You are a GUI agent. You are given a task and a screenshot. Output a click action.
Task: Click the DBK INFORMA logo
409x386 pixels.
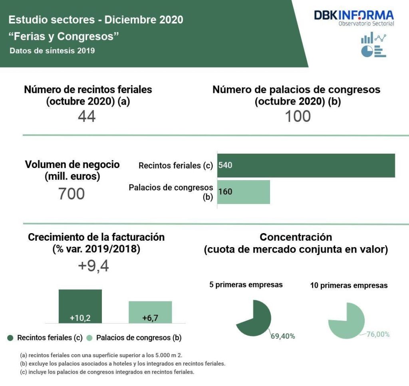click(x=353, y=18)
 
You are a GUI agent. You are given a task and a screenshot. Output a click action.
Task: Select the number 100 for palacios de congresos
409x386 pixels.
click(x=298, y=116)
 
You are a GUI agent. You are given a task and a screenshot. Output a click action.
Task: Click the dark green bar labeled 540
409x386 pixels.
click(x=306, y=165)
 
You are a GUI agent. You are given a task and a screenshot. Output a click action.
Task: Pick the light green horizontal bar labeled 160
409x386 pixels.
click(x=244, y=192)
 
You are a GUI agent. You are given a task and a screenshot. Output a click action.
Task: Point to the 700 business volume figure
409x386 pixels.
click(x=71, y=194)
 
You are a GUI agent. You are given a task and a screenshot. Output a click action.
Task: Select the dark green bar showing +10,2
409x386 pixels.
click(x=80, y=306)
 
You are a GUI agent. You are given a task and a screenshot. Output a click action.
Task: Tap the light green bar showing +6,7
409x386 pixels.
click(x=150, y=312)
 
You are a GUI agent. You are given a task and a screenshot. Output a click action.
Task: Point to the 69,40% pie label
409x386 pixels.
click(x=283, y=336)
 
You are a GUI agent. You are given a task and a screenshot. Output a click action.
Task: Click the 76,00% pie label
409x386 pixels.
click(x=378, y=334)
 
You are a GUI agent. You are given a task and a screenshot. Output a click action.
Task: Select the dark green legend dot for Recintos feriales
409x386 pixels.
click(x=11, y=338)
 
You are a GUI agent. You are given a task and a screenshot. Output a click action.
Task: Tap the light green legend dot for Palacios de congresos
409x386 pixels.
click(x=89, y=338)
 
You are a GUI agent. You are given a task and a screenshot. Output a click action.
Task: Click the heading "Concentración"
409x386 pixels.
click(x=296, y=237)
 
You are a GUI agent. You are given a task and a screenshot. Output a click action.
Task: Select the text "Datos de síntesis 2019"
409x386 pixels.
click(x=52, y=51)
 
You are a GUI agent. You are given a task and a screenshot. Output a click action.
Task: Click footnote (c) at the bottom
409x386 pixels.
click(x=107, y=372)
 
